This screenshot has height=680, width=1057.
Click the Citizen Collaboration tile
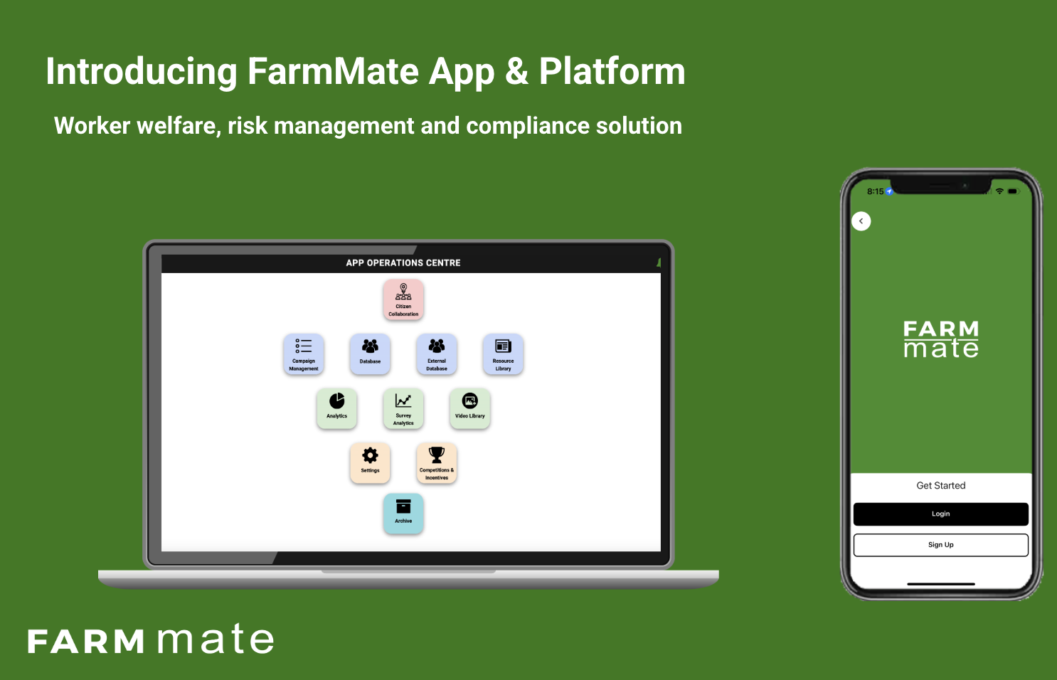click(403, 299)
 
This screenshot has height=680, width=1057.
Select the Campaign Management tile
click(304, 354)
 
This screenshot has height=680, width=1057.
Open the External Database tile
click(437, 354)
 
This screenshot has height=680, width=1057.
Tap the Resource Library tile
click(503, 354)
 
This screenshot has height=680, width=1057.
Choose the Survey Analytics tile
click(403, 409)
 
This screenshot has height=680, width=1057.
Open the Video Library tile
click(469, 409)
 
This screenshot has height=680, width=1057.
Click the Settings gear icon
click(370, 455)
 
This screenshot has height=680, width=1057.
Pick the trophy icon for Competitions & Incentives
click(437, 455)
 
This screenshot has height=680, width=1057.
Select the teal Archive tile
click(403, 514)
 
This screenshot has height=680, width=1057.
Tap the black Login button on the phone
click(940, 514)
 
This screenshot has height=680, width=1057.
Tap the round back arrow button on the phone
click(861, 221)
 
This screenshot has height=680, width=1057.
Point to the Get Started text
click(940, 486)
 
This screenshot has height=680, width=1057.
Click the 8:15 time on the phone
click(876, 191)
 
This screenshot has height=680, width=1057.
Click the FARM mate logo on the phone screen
click(941, 339)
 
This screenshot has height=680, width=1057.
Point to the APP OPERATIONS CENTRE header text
click(403, 263)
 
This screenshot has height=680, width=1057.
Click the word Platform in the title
click(612, 72)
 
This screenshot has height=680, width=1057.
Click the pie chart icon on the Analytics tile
click(336, 400)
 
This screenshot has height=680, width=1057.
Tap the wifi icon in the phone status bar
click(999, 191)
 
